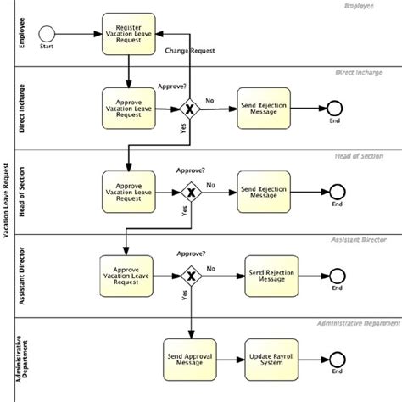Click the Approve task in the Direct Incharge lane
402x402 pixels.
pyautogui.click(x=127, y=108)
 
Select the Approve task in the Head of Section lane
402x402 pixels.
pyautogui.click(x=127, y=193)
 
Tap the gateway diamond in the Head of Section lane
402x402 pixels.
pyautogui.click(x=193, y=193)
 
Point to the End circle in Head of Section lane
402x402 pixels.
pyautogui.click(x=338, y=193)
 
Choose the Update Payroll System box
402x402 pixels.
pyautogui.click(x=271, y=359)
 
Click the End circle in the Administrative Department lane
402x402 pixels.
pyautogui.click(x=338, y=359)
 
